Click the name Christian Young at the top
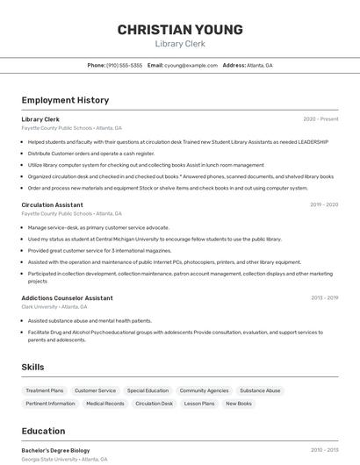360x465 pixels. click(x=180, y=30)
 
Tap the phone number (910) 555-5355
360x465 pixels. click(x=124, y=66)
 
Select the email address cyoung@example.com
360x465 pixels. click(x=191, y=66)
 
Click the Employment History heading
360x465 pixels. click(x=65, y=100)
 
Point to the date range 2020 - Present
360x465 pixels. click(x=320, y=119)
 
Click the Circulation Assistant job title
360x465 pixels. click(x=52, y=204)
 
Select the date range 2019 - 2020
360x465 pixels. click(x=323, y=204)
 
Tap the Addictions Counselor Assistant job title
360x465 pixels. click(x=67, y=298)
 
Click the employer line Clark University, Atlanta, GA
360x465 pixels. click(x=54, y=307)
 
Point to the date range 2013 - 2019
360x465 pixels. click(x=323, y=298)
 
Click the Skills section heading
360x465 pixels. click(x=33, y=367)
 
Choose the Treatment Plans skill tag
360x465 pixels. click(x=45, y=390)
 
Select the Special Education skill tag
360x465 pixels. click(x=148, y=390)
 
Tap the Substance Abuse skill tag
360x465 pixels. click(x=260, y=390)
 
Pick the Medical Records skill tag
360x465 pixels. click(x=104, y=404)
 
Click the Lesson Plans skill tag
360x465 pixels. click(x=199, y=404)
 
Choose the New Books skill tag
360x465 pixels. click(x=239, y=404)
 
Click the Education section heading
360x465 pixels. click(x=43, y=431)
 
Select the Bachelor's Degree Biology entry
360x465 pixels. click(x=55, y=450)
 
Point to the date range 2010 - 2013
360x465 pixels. click(x=323, y=450)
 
